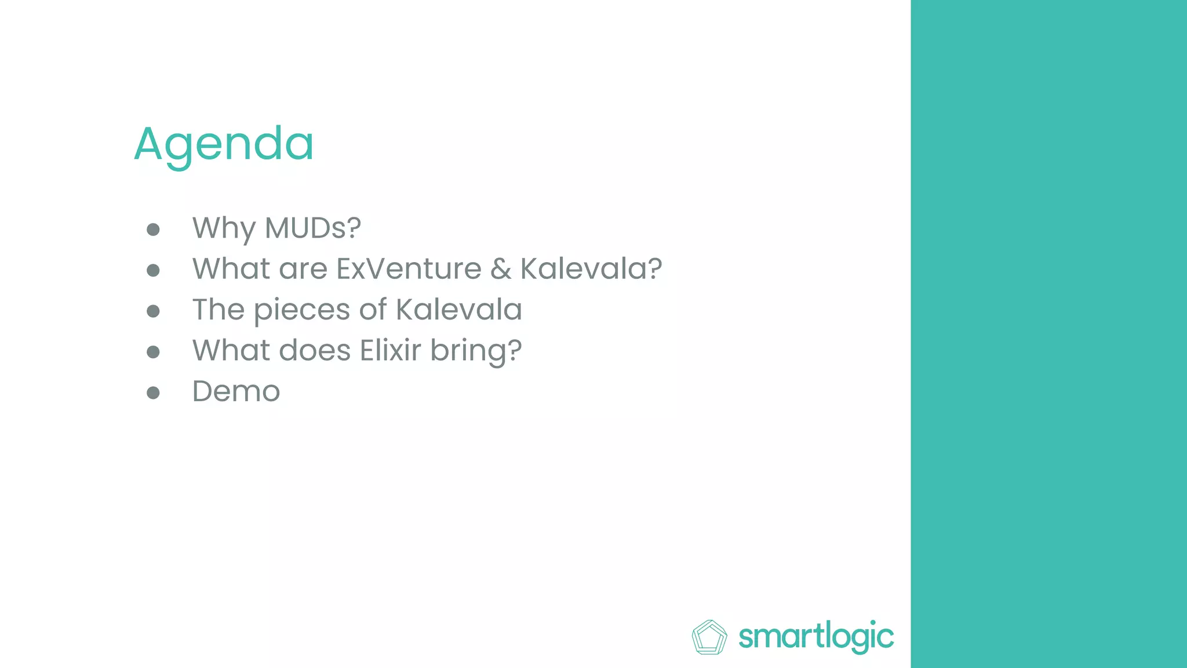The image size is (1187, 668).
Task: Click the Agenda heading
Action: [x=224, y=144]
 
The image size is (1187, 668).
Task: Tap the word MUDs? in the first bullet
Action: [x=312, y=228]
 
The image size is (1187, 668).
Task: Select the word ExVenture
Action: [x=409, y=268]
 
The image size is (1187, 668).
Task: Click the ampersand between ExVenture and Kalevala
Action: [x=501, y=269]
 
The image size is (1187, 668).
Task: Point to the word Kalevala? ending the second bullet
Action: [x=591, y=268]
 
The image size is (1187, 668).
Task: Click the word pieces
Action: [x=301, y=310]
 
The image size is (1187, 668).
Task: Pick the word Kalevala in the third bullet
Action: [x=458, y=310]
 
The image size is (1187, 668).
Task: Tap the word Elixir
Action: [x=390, y=350]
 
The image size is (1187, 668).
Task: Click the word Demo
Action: [x=236, y=391]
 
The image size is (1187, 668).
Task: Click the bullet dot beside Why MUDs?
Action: [x=153, y=230]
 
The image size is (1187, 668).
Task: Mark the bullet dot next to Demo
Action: [x=153, y=393]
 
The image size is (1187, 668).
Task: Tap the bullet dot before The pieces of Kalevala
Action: [x=153, y=311]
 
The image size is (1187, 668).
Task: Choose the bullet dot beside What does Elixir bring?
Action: [x=153, y=352]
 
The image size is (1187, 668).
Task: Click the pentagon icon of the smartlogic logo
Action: [x=709, y=637]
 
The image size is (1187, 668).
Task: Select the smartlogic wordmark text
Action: [x=816, y=637]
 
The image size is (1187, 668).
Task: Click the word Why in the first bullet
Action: [x=224, y=228]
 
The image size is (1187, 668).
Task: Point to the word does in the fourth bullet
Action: [x=315, y=350]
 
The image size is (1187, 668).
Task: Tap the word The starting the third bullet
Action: [x=218, y=310]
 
